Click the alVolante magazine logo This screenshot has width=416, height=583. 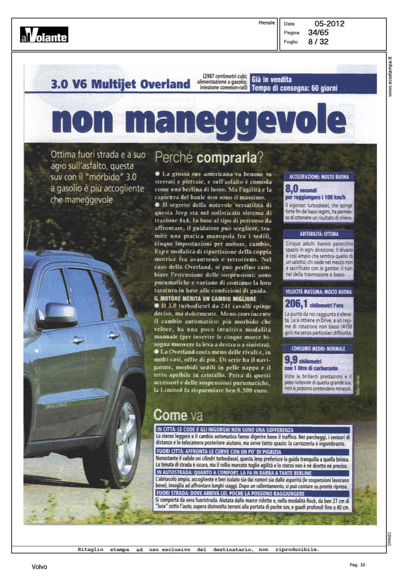coord(44,35)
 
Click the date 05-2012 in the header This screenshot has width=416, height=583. coord(329,24)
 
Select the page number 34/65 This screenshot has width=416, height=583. coord(318,33)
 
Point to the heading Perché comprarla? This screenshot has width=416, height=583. coord(209,158)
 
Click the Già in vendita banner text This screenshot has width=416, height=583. coord(272,80)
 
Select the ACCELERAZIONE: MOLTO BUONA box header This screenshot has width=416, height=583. coord(319,177)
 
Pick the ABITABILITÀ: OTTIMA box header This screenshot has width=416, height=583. coord(319,234)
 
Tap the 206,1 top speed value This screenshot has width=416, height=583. coord(296,304)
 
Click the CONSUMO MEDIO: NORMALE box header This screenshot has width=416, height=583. coord(318,349)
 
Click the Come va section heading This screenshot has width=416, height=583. coord(178,415)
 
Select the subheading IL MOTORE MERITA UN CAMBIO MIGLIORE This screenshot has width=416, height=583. coord(205,298)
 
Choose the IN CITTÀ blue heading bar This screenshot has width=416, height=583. coord(225,430)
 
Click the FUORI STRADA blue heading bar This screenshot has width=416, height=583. coord(230,493)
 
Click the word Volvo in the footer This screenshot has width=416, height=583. coord(39,567)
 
